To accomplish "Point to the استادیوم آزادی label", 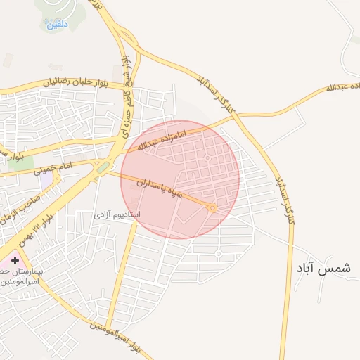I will (x=117, y=213).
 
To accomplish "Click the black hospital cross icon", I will (x=15, y=260).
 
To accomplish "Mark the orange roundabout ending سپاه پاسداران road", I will (x=212, y=207).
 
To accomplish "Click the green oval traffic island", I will (x=103, y=167).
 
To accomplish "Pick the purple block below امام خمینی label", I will (x=46, y=180).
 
